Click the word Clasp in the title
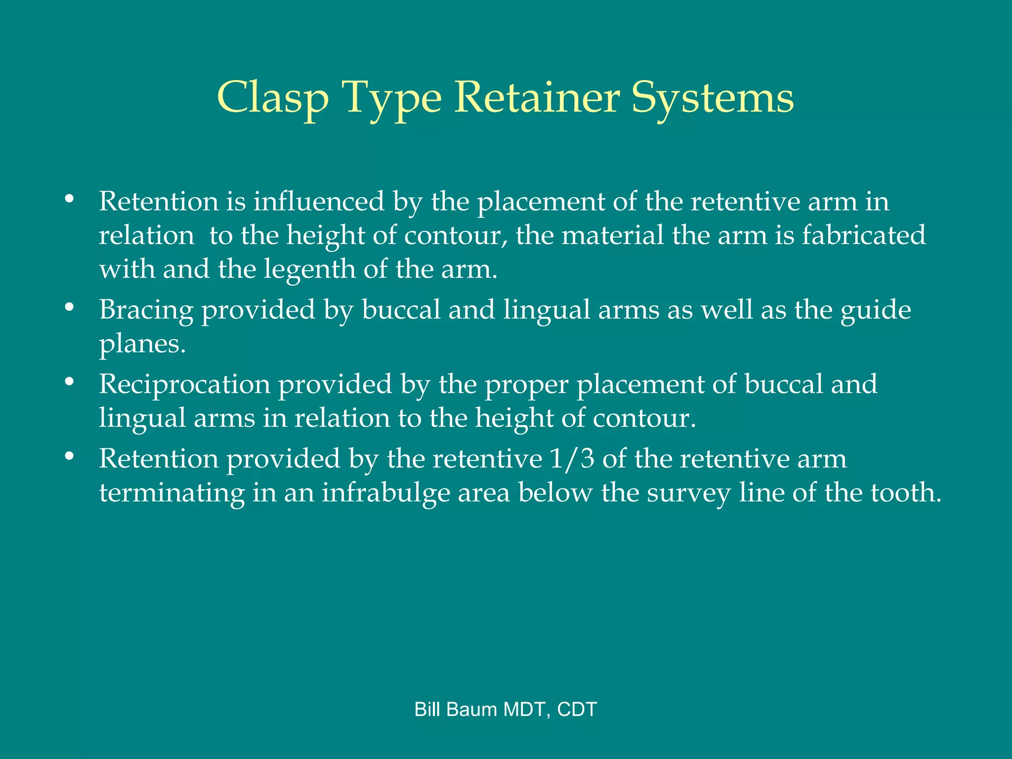[273, 98]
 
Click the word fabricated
[863, 235]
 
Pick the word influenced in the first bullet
[319, 201]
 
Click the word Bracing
[146, 310]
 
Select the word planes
[142, 344]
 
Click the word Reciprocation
[184, 384]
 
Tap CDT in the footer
[577, 710]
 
